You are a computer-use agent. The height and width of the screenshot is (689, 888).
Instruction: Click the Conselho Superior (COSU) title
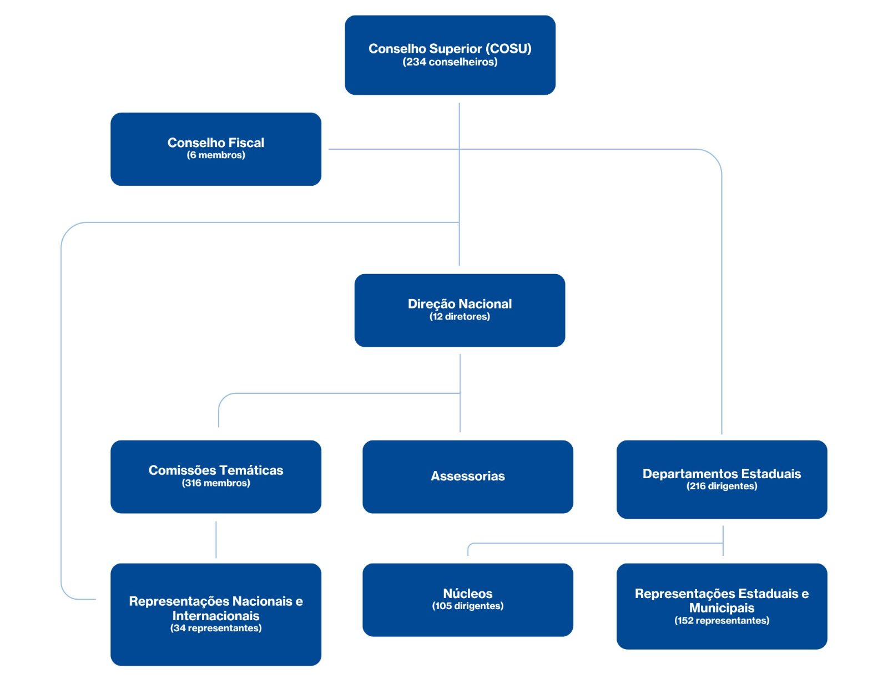point(450,49)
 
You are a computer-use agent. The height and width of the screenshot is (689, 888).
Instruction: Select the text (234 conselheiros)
point(450,62)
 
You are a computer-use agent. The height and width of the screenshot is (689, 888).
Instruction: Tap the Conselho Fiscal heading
point(216,143)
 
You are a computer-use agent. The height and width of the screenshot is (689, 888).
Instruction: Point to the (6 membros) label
point(216,155)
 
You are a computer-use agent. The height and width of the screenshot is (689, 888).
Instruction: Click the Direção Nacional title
point(460,304)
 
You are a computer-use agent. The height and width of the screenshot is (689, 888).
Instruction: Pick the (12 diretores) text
point(460,317)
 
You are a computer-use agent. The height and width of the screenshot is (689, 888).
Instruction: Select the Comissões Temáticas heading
point(216,470)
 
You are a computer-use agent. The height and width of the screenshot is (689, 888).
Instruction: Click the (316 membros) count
point(216,483)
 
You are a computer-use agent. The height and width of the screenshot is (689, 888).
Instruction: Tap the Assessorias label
point(467,476)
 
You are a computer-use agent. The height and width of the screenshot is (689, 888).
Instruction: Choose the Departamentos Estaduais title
point(722,473)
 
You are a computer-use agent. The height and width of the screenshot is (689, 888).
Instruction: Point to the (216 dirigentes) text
point(722,486)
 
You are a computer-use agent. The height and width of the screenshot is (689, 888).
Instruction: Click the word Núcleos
point(467,593)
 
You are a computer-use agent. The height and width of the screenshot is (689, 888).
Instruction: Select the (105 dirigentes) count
point(467,606)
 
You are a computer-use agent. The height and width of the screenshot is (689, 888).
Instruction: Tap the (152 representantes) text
point(722,620)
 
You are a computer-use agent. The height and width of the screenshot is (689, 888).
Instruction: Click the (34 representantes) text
point(216,628)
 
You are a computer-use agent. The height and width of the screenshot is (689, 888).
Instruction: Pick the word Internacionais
point(216,615)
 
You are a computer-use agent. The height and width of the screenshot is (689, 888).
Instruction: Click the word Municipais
point(722,607)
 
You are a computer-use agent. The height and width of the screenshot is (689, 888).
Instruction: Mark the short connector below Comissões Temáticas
point(216,540)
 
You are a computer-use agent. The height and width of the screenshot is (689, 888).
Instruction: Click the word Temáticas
point(251,470)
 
